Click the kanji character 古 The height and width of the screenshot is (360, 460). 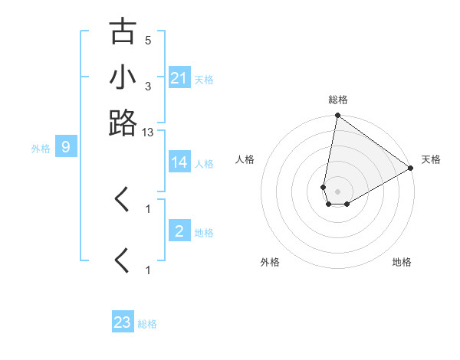[x=123, y=32]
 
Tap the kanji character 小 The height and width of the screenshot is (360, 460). [x=123, y=77]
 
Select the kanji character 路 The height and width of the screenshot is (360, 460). [x=123, y=123]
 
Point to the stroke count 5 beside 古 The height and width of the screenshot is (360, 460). [x=148, y=40]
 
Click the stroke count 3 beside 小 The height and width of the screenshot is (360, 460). [x=148, y=86]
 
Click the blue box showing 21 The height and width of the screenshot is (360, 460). [x=179, y=78]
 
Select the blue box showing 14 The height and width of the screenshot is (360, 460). [x=179, y=162]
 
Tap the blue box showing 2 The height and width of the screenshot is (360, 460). [x=179, y=231]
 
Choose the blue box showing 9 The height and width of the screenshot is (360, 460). [x=66, y=147]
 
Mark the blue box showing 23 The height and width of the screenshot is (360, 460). [x=123, y=322]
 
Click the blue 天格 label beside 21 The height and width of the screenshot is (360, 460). [x=205, y=79]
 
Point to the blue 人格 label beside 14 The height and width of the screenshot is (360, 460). [x=205, y=163]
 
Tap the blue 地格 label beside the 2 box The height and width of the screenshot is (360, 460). [x=205, y=232]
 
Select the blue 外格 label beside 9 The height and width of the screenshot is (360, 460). [x=41, y=148]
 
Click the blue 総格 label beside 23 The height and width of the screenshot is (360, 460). [x=147, y=323]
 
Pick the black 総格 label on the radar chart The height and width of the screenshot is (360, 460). [x=337, y=100]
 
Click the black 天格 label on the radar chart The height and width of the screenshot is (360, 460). [x=431, y=159]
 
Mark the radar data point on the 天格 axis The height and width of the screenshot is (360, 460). [x=411, y=169]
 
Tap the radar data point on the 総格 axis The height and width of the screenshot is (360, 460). [x=337, y=116]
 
